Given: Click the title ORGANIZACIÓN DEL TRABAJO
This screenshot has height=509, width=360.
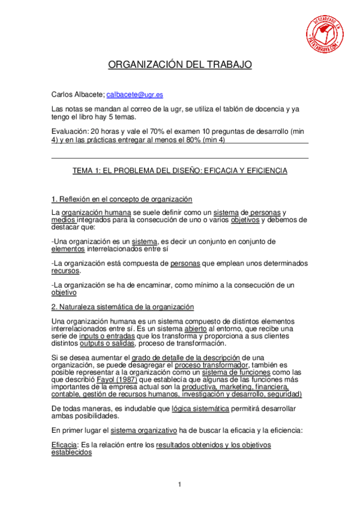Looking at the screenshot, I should click(180, 65).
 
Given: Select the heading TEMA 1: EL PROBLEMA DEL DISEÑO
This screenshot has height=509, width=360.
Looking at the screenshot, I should click(180, 170).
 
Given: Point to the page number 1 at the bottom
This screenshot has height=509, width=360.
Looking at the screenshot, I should click(179, 484).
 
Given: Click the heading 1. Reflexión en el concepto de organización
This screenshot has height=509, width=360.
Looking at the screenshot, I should click(122, 199).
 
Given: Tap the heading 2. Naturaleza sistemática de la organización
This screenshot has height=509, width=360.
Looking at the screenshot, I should click(122, 307).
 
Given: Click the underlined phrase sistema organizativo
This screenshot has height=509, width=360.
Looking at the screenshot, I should click(143, 430).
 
